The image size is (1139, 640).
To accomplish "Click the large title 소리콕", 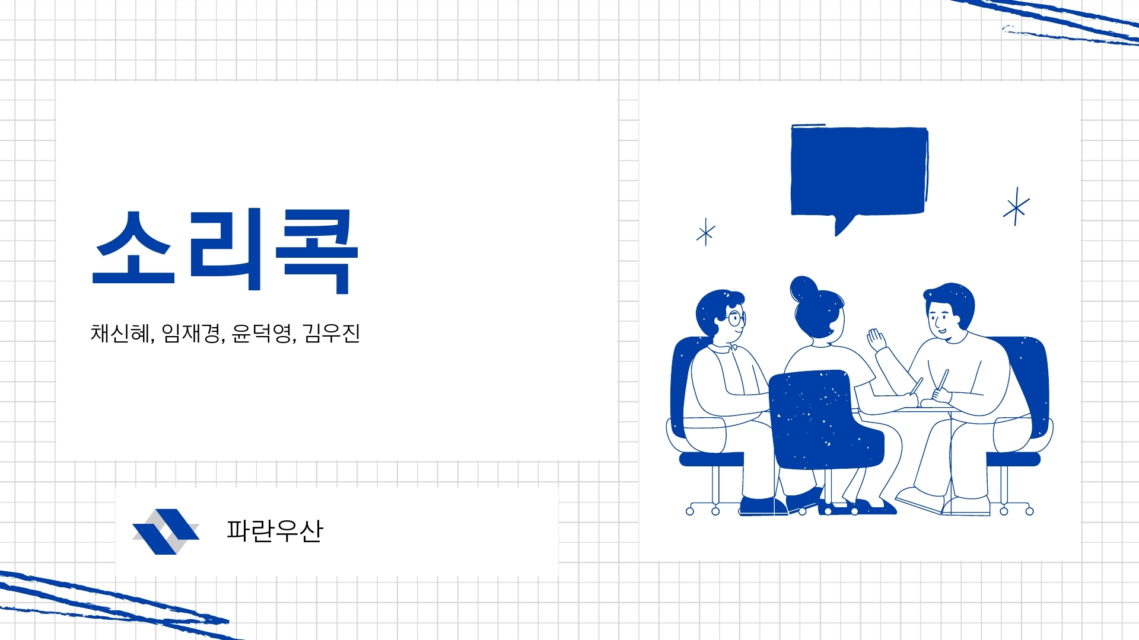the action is point(225,251).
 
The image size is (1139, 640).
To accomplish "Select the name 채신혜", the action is point(120,333).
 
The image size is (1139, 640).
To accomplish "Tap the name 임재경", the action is point(191,333).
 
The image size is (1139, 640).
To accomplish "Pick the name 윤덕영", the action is point(262,333).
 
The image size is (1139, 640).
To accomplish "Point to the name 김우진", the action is point(332,333).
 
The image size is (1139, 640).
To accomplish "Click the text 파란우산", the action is point(275,530).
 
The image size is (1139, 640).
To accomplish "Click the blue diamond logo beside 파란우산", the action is point(166,532).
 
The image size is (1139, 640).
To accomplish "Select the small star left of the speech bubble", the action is point(706,232).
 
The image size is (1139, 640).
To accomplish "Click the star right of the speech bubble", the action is point(1016,207).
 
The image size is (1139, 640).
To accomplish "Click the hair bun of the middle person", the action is point(804,289).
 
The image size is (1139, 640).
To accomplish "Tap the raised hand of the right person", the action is point(876,340).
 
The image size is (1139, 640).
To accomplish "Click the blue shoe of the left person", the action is point(763,505).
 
